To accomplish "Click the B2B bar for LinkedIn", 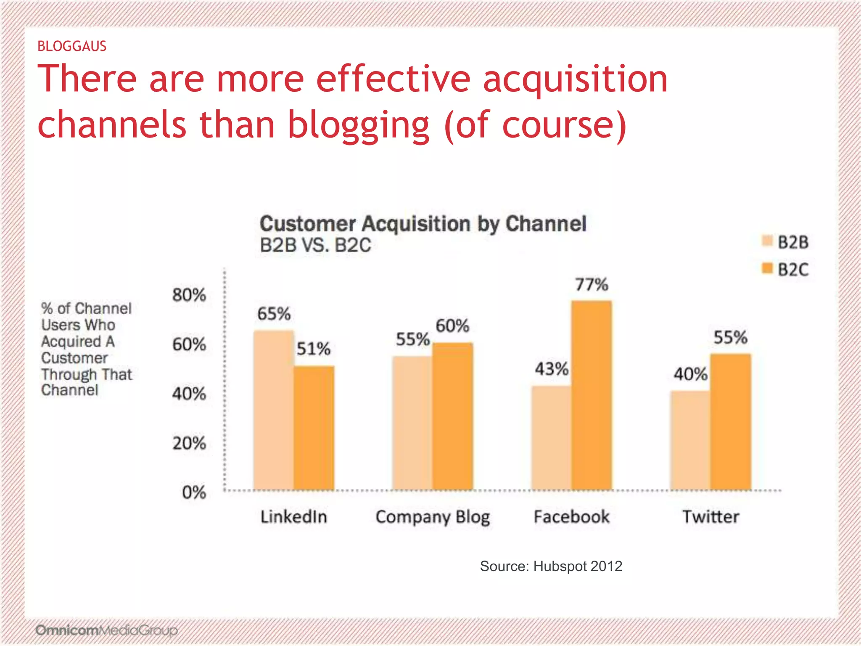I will coord(274,410).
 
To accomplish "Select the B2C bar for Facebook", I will coord(592,395).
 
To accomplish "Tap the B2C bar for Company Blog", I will coord(453,416).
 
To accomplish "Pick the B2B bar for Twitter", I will coord(690,440).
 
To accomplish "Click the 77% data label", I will coord(592,285).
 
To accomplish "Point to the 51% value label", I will coord(314,349).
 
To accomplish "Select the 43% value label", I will coord(552,369).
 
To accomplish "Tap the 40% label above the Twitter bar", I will coord(690,374).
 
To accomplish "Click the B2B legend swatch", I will coord(767,241).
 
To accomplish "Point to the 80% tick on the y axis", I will coord(189,295).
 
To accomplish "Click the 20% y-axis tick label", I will coord(189,443).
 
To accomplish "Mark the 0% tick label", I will coord(194,492).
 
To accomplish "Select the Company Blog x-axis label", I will coord(433,517).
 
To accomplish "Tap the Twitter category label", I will coord(710,516).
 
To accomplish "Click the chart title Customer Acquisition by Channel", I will coord(423,223).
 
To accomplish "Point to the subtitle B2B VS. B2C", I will coord(315,245).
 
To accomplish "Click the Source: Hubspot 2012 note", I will coord(551,566).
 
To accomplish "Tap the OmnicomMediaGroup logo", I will coord(106,630).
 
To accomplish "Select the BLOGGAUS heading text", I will coord(72,46).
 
